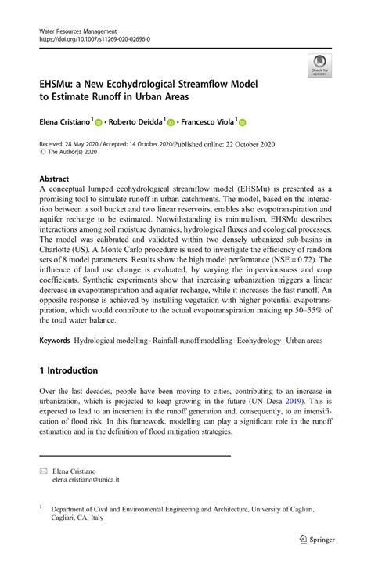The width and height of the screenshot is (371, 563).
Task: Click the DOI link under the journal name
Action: pyautogui.click(x=94, y=38)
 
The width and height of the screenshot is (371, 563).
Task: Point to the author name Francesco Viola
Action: pyautogui.click(x=205, y=122)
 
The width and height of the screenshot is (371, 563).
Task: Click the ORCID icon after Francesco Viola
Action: pyautogui.click(x=242, y=123)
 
